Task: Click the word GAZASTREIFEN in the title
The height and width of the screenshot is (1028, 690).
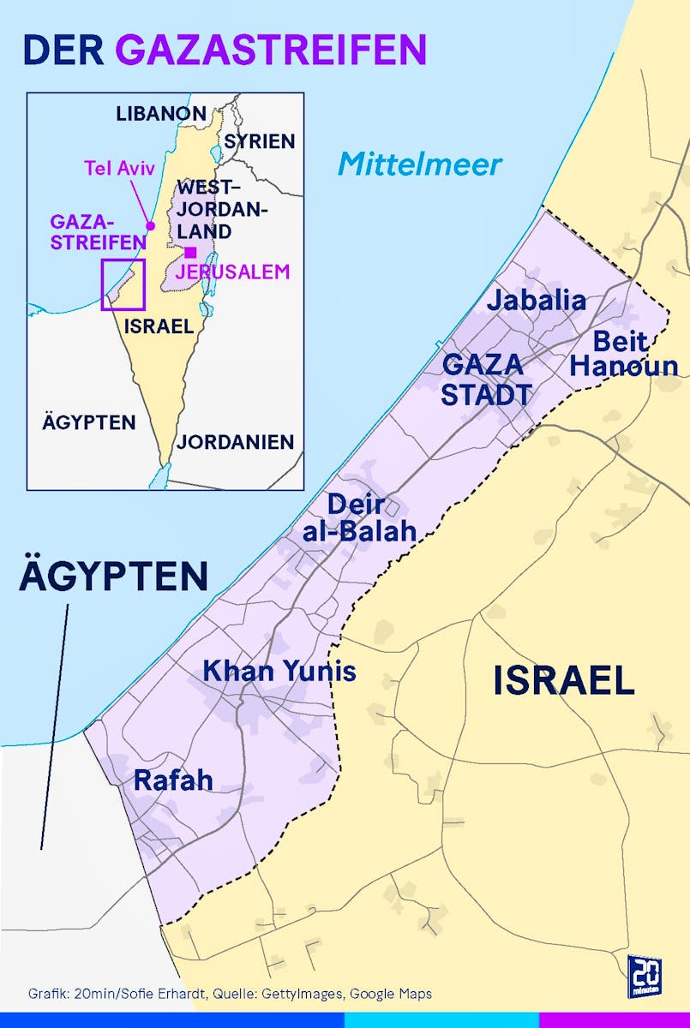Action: (x=271, y=51)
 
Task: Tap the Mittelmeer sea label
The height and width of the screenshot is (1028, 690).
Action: (x=419, y=163)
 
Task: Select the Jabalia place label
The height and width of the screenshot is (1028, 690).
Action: (x=537, y=301)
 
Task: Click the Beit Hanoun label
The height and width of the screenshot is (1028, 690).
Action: (x=624, y=354)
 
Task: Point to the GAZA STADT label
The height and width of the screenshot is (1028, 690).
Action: (x=486, y=380)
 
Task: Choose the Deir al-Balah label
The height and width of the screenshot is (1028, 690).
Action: (x=359, y=517)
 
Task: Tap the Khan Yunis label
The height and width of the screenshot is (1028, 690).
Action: (x=279, y=671)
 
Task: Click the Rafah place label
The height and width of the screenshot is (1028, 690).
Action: (x=173, y=780)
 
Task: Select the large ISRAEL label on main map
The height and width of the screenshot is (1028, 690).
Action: (x=563, y=681)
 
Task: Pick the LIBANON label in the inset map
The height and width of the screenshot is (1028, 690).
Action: (x=161, y=113)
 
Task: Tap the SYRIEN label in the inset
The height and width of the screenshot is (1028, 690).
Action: (x=260, y=141)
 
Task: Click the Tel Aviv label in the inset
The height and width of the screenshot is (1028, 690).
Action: (x=119, y=168)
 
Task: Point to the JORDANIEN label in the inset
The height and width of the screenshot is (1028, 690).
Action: (x=235, y=443)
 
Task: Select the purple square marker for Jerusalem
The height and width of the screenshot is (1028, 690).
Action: (x=190, y=252)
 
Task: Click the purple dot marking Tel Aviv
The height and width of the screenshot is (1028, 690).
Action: (x=150, y=226)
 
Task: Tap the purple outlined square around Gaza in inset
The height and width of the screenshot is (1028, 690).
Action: (x=123, y=284)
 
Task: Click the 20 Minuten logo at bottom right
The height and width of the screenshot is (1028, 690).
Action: (x=644, y=975)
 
